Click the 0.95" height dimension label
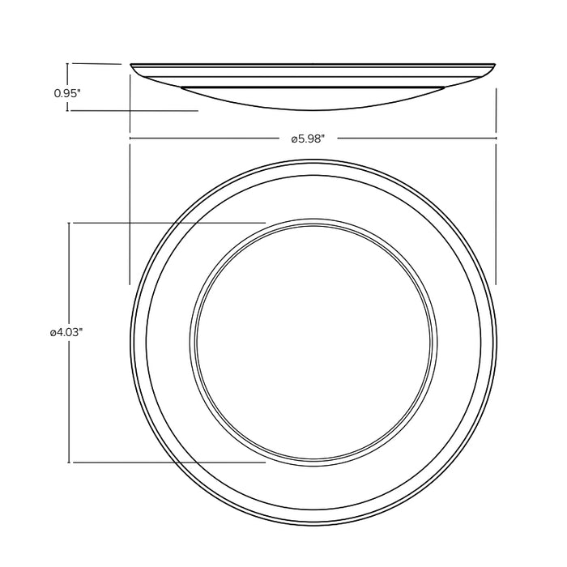click(67, 94)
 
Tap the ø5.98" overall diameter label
click(308, 139)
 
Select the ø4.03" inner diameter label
click(67, 332)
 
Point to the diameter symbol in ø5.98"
click(294, 139)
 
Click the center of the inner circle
click(314, 340)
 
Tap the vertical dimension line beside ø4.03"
click(70, 389)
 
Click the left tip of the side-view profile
click(132, 65)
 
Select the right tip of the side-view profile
click(495, 65)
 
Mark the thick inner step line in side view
click(313, 87)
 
